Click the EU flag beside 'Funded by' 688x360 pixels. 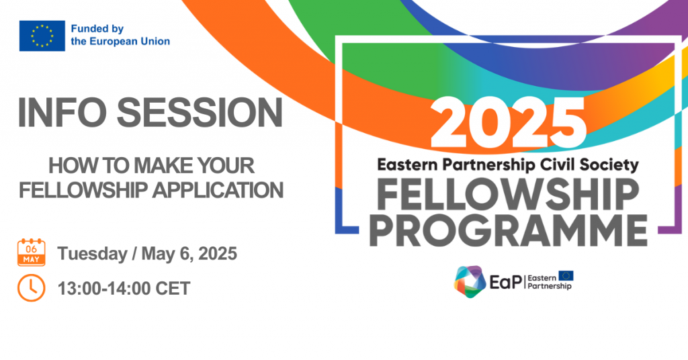(42, 36)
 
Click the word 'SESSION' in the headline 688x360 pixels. (200, 113)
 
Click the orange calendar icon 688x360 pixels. (31, 252)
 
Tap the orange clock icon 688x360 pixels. (31, 288)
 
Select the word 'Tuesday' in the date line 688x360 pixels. (92, 254)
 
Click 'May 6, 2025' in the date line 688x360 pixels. (189, 253)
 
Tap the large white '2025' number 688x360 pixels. (508, 123)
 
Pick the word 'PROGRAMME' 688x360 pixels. (508, 230)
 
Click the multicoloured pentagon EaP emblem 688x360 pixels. (470, 281)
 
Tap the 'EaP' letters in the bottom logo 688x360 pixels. (506, 282)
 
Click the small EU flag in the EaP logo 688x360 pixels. (566, 276)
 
